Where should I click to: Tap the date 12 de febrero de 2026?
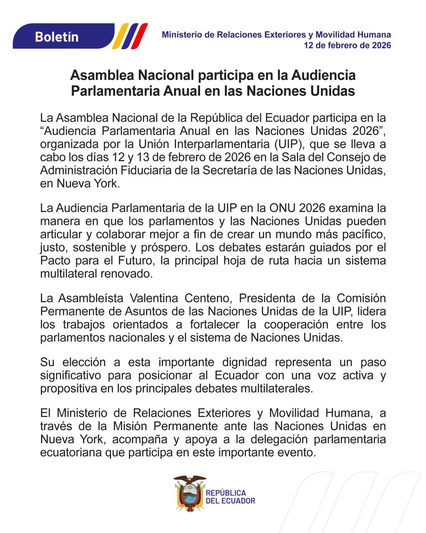click(x=347, y=45)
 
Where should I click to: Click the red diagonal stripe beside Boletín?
click(x=141, y=36)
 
